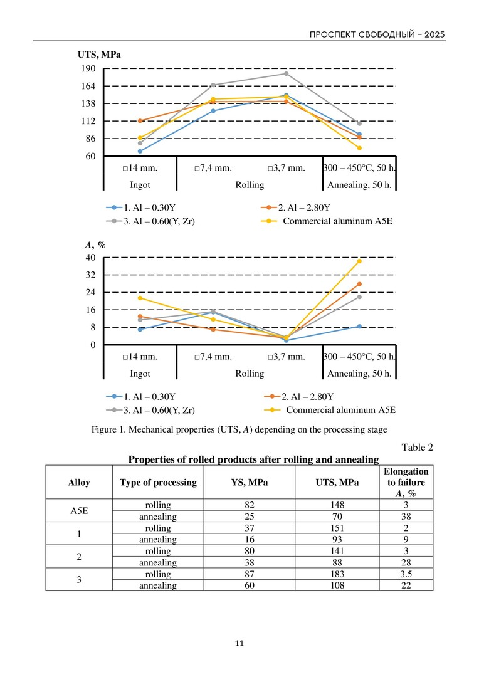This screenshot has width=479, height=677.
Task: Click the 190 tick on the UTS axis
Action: [87, 68]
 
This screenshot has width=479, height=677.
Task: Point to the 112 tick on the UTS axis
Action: [87, 121]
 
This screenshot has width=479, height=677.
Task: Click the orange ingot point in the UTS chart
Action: [140, 120]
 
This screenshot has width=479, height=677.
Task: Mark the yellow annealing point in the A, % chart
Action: [359, 261]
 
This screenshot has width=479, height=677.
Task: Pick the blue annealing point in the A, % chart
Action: [359, 327]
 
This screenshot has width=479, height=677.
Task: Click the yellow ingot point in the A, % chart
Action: [140, 298]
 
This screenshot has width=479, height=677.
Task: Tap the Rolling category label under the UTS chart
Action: [250, 185]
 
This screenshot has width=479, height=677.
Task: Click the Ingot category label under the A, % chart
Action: [140, 374]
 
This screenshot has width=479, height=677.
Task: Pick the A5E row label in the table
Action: [78, 511]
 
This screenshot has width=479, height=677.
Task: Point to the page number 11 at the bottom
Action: [239, 643]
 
